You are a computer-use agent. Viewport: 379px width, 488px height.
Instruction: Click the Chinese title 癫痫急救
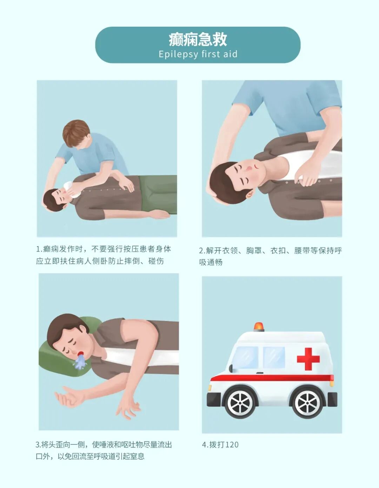pyautogui.click(x=198, y=39)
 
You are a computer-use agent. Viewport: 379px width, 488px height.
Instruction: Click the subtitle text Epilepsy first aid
pyautogui.click(x=198, y=54)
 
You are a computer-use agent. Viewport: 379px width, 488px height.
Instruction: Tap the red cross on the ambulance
pyautogui.click(x=308, y=359)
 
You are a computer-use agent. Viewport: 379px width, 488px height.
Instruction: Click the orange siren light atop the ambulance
pyautogui.click(x=259, y=327)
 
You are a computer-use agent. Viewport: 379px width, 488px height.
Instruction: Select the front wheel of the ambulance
pyautogui.click(x=241, y=402)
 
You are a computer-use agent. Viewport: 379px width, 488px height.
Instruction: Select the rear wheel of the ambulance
pyautogui.click(x=307, y=402)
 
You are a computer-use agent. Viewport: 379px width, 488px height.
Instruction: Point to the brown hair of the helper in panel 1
pyautogui.click(x=75, y=132)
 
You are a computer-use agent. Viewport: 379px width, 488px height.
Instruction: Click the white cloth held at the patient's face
pyautogui.click(x=73, y=188)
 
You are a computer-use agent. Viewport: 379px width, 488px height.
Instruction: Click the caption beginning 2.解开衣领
pyautogui.click(x=270, y=256)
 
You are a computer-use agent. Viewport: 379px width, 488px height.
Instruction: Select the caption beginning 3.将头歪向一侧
pyautogui.click(x=104, y=450)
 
